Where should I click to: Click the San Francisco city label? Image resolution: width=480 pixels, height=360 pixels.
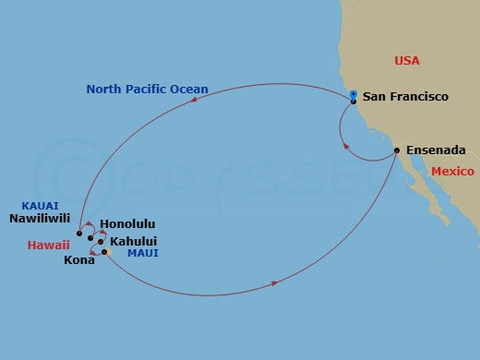pos(405,96)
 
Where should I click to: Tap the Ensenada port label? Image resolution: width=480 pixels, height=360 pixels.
pos(434,149)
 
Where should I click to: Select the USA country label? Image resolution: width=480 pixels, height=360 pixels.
pos(407,60)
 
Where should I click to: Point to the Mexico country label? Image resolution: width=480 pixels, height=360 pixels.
pos(452,172)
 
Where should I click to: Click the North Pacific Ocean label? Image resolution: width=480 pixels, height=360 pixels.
pos(147,90)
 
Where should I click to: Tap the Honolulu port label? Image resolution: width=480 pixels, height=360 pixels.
pos(126,224)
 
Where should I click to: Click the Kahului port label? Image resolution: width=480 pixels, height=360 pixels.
pos(133,242)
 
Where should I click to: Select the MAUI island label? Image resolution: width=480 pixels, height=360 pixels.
pos(143,253)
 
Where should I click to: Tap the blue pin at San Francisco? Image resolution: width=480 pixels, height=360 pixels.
pos(354,95)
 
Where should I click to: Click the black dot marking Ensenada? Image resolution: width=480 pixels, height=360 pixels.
pos(396,150)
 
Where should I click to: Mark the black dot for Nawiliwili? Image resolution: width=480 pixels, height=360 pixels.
pos(79,234)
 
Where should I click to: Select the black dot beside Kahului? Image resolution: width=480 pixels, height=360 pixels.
pos(102,242)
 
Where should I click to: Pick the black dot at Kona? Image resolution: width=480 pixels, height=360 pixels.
pos(105,252)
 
